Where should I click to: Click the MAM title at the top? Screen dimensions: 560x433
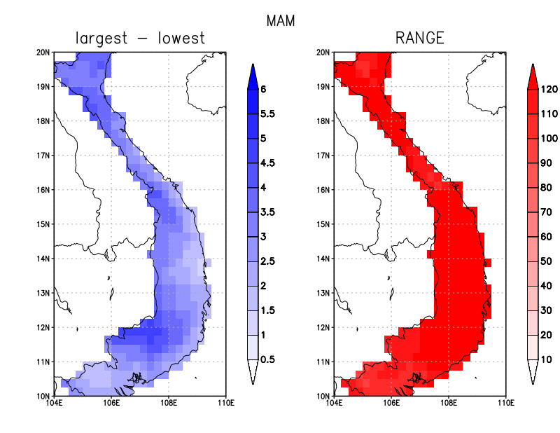point(281,21)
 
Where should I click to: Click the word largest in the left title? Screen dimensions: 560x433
point(101,39)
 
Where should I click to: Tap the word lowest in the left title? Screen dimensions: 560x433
point(182,38)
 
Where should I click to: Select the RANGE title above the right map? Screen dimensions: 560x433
point(420,38)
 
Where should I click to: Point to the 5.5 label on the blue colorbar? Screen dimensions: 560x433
point(267,114)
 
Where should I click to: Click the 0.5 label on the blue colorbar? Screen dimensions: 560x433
point(267,359)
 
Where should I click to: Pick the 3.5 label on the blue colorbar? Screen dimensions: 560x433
point(267,212)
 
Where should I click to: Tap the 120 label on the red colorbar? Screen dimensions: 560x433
point(549,90)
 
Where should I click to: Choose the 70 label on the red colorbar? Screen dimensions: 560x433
point(546,212)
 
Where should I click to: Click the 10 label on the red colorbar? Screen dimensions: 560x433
point(546,359)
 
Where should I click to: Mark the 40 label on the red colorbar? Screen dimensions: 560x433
point(546,286)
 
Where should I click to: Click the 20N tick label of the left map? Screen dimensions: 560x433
point(43,53)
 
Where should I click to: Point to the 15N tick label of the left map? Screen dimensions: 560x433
point(43,224)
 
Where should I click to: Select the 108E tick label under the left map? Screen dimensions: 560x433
point(169,403)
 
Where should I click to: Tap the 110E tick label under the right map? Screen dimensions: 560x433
point(505,403)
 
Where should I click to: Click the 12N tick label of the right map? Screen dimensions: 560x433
point(323,327)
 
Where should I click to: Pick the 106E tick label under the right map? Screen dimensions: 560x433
point(391,403)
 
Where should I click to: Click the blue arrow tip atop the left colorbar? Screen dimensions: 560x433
point(253,64)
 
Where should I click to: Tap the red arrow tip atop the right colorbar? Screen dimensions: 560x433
point(533,64)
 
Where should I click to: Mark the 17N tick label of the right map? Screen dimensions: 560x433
point(323,156)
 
